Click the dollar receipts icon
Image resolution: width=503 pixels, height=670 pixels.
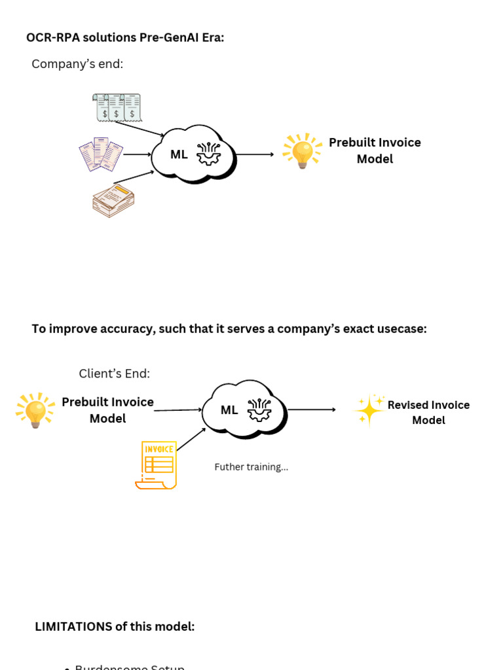point(117,107)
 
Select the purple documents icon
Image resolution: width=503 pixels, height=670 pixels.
point(101,154)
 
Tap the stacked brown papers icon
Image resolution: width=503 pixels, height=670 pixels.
point(113,200)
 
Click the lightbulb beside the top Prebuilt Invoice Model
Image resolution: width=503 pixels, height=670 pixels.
point(302,151)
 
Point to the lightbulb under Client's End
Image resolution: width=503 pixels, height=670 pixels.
point(35,410)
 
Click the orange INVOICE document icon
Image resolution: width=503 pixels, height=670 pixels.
point(157,465)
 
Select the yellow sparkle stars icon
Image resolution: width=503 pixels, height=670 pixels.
point(369,410)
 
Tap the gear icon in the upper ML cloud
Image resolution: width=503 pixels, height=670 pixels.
point(208,154)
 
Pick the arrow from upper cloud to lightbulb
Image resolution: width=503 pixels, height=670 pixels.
point(255,154)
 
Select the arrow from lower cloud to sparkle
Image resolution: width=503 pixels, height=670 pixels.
point(312,410)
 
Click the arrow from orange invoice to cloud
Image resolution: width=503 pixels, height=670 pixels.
point(191,440)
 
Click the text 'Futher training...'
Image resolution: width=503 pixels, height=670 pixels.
point(251,467)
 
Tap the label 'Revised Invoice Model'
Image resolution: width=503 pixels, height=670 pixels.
point(428,412)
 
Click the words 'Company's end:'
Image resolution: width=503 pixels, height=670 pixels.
point(77,64)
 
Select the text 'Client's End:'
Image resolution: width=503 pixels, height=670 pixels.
point(114,374)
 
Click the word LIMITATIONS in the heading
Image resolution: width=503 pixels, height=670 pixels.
point(73,627)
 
